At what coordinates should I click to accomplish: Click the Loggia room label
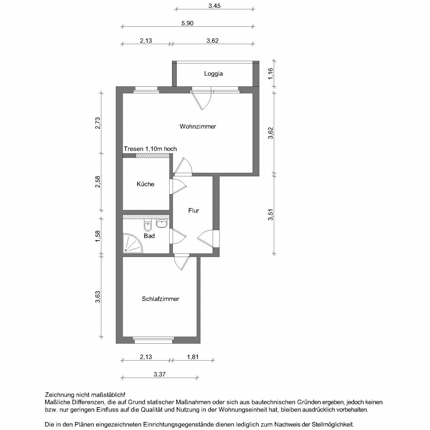click(213, 74)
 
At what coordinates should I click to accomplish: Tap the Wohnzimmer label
click(198, 127)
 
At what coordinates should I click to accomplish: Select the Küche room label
click(145, 184)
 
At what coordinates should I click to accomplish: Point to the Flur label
click(193, 211)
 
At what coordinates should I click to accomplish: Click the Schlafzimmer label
click(160, 299)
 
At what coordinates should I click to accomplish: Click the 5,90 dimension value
click(187, 23)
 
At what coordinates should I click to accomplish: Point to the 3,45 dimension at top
click(214, 6)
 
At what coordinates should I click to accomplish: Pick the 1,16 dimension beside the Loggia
click(271, 74)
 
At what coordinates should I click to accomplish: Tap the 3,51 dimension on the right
click(271, 215)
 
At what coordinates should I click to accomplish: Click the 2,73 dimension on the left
click(98, 123)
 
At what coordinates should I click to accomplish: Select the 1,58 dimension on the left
click(98, 236)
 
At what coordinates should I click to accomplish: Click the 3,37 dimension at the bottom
click(160, 374)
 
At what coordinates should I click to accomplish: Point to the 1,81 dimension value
click(193, 357)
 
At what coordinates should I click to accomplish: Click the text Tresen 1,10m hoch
click(150, 149)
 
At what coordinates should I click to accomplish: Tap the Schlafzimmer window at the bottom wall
click(153, 340)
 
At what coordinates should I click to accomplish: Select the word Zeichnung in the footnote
click(58, 395)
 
